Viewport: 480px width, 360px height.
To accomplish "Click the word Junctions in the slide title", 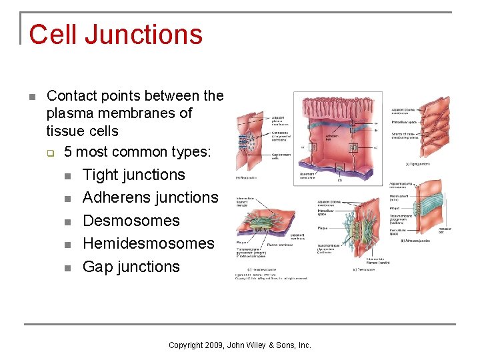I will (x=139, y=35).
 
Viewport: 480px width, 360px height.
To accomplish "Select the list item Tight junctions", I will (x=133, y=175).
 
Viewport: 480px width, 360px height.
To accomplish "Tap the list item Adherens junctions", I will (x=150, y=198).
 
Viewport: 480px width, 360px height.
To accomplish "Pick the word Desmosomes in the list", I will (x=131, y=221).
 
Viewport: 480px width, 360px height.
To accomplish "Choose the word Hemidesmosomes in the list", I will (x=148, y=243).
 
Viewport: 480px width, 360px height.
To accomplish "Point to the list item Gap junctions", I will (x=131, y=267).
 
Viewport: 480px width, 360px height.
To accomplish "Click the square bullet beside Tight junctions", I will (x=67, y=176).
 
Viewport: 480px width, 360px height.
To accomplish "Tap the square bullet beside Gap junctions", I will (x=67, y=268).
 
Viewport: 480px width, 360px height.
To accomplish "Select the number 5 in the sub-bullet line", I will (x=69, y=151).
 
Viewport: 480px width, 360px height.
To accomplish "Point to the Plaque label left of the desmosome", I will (x=322, y=228).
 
